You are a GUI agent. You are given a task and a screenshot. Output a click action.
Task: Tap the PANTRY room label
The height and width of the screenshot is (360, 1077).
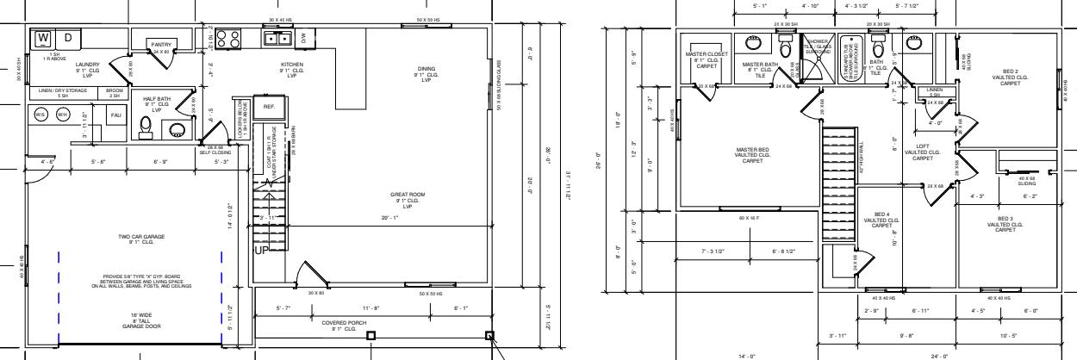pyautogui.click(x=161, y=44)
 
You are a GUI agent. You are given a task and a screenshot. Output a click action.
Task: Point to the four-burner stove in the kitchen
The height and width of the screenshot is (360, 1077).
pyautogui.click(x=228, y=38)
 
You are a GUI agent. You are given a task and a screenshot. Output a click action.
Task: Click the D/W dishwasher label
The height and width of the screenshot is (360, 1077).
pyautogui.click(x=303, y=37)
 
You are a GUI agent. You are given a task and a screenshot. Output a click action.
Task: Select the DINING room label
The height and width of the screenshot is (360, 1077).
pyautogui.click(x=426, y=71)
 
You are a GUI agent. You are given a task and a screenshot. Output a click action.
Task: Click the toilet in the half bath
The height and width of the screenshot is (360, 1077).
pyautogui.click(x=146, y=127)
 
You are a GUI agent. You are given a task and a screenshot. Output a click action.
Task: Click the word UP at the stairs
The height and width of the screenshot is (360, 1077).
pyautogui.click(x=262, y=251)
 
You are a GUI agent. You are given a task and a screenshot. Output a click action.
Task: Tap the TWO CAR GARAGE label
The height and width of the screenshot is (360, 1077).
pyautogui.click(x=141, y=239)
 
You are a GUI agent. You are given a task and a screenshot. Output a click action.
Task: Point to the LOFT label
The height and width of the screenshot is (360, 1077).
pyautogui.click(x=923, y=152)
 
